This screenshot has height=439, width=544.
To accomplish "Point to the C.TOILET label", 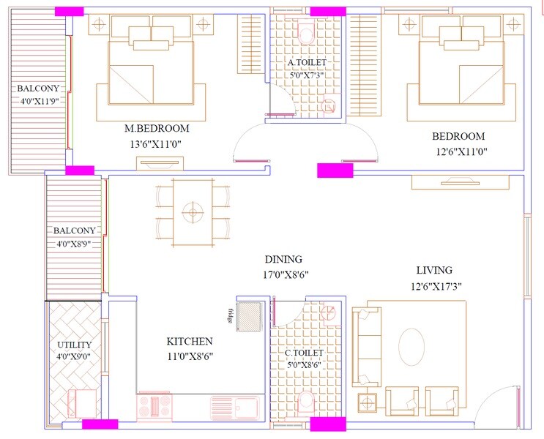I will (305, 353).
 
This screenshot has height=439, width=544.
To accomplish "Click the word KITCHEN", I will (190, 342).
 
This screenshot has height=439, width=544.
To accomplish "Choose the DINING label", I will (283, 260).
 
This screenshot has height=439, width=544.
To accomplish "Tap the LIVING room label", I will (433, 270).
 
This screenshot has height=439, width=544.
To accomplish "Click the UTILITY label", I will (74, 345).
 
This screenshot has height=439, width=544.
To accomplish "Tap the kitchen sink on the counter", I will (234, 405).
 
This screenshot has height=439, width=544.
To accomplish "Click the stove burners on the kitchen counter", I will (154, 405).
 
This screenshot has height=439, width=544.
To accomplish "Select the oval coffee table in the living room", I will (414, 345).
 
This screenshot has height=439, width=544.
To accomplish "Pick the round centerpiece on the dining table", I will (193, 211).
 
